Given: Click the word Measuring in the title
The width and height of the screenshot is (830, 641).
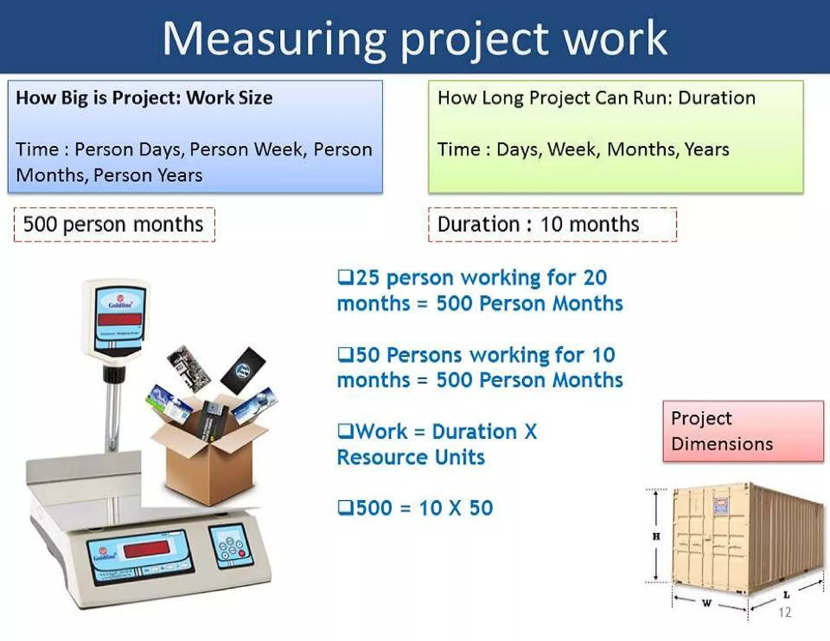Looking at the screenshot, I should coord(274,40).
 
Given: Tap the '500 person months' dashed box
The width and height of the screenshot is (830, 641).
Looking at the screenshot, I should coord(114,224).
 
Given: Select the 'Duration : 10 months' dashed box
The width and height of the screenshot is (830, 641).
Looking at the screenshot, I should coord(552,224).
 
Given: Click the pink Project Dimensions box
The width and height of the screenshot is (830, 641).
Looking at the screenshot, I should coord(743,431).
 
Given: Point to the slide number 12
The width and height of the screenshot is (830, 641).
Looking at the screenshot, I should coord(785,612).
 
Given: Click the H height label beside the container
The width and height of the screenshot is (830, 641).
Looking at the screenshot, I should coord(657,536).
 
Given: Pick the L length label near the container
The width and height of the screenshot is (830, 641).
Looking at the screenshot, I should coord(787,595).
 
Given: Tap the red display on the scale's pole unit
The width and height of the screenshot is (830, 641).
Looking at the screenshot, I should coord(120,319).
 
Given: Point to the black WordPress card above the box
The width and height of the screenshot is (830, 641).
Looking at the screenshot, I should coord(243,370).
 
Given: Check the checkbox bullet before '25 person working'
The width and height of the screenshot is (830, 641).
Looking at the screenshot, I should coord(345,278).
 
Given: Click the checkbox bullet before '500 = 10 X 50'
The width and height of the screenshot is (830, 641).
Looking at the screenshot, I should coord(345,508).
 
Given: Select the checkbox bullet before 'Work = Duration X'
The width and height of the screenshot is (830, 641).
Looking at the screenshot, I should coord(345,431).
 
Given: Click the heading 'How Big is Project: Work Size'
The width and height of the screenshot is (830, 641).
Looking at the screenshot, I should coord(144,98).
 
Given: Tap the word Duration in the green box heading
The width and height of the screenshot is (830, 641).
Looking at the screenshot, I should coord(717,98).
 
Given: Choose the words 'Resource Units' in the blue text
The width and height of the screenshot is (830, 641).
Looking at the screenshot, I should coord(411,457).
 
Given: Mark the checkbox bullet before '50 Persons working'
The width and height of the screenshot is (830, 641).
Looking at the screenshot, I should coord(345,355).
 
